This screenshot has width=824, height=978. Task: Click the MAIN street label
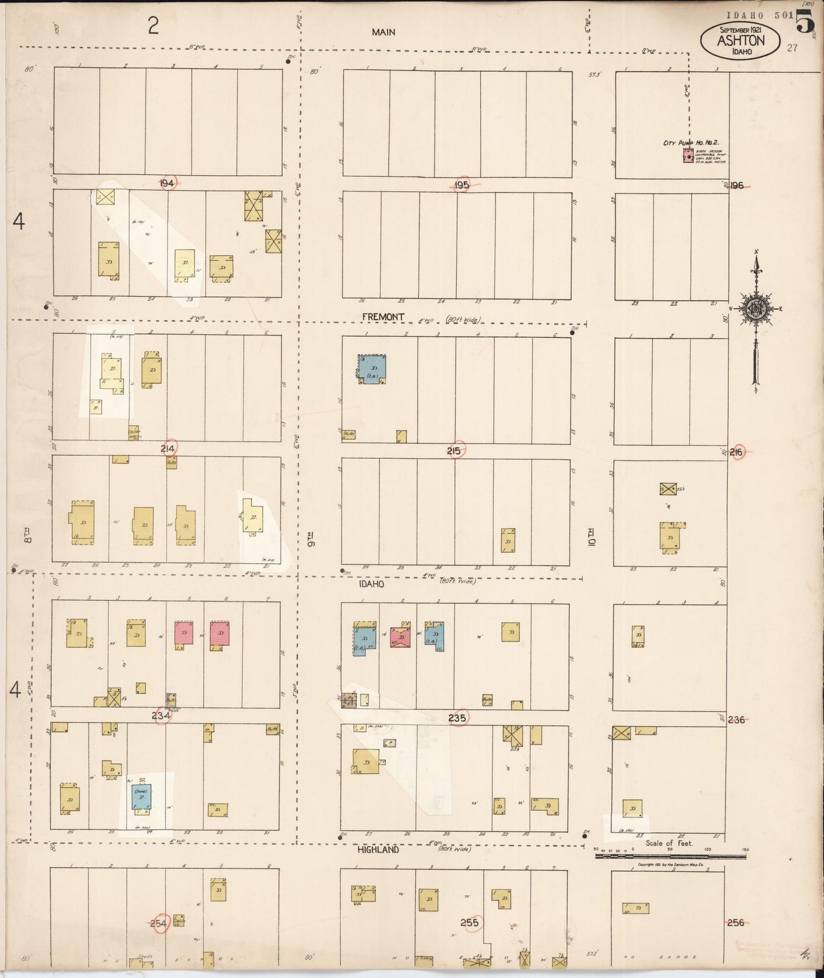pyautogui.click(x=383, y=33)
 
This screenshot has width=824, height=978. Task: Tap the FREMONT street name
pyautogui.click(x=383, y=317)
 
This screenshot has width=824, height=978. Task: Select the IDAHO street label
pyautogui.click(x=371, y=584)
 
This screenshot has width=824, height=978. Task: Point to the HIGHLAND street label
pyautogui.click(x=378, y=850)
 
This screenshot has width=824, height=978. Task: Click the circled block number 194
pyautogui.click(x=168, y=183)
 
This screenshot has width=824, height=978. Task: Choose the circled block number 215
pyautogui.click(x=454, y=451)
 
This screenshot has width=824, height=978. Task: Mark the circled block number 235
pyautogui.click(x=457, y=718)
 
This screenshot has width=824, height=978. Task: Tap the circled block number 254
pyautogui.click(x=159, y=923)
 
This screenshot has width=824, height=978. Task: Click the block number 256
pyautogui.click(x=736, y=923)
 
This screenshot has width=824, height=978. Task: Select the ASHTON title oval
pyautogui.click(x=740, y=41)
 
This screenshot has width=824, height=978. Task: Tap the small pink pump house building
pyautogui.click(x=688, y=156)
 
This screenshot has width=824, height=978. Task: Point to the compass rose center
pyautogui.click(x=756, y=309)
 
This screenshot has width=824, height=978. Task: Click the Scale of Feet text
pyautogui.click(x=669, y=843)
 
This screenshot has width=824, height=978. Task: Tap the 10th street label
pyautogui.click(x=592, y=539)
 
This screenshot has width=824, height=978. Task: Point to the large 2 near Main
pyautogui.click(x=153, y=26)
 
